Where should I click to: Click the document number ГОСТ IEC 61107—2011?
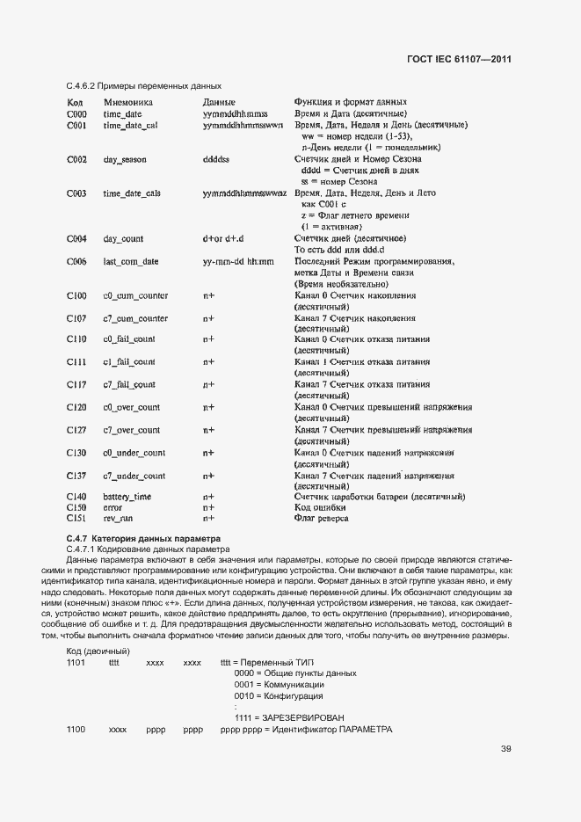point(459,60)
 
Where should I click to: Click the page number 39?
point(505,749)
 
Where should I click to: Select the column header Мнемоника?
point(128,103)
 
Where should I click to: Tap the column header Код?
point(75,103)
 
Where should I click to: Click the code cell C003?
point(76,193)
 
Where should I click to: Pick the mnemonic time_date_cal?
point(130,126)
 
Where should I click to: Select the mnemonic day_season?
point(125,160)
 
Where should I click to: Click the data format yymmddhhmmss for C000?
point(235,114)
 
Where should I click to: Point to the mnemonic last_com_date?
point(131,262)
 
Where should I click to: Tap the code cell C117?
point(76,384)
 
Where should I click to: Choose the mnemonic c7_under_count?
point(134,476)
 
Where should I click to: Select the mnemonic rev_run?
point(118,519)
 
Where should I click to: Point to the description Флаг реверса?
point(322,519)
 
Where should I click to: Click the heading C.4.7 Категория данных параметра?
point(143,537)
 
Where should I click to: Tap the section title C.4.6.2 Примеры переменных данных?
point(143,86)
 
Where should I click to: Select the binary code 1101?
point(76,661)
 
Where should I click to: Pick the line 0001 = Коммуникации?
point(279,684)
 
